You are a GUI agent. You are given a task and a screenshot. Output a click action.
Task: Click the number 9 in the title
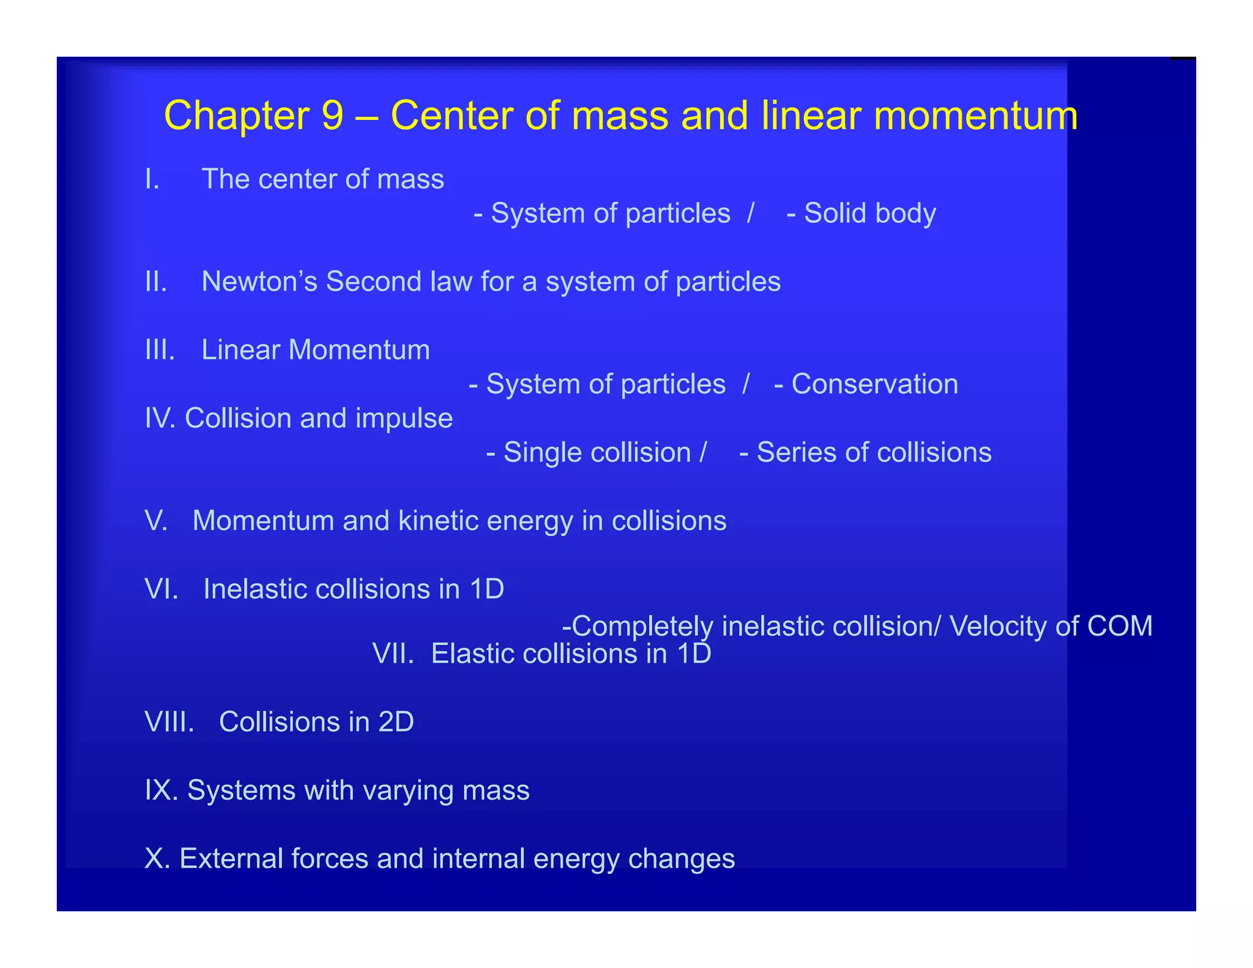coord(332,115)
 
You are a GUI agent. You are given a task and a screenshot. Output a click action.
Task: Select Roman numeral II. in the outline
coord(156,281)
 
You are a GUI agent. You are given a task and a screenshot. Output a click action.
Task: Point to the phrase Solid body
coord(869,213)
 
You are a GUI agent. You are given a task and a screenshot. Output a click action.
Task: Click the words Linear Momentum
coord(316,350)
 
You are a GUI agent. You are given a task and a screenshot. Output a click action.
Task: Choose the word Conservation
coord(874,384)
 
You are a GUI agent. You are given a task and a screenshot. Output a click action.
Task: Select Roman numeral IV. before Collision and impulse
coord(161,419)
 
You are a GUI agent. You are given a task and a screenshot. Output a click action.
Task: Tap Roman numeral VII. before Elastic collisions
coord(393,653)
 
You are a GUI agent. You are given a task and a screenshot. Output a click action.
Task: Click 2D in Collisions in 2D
coord(396,722)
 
